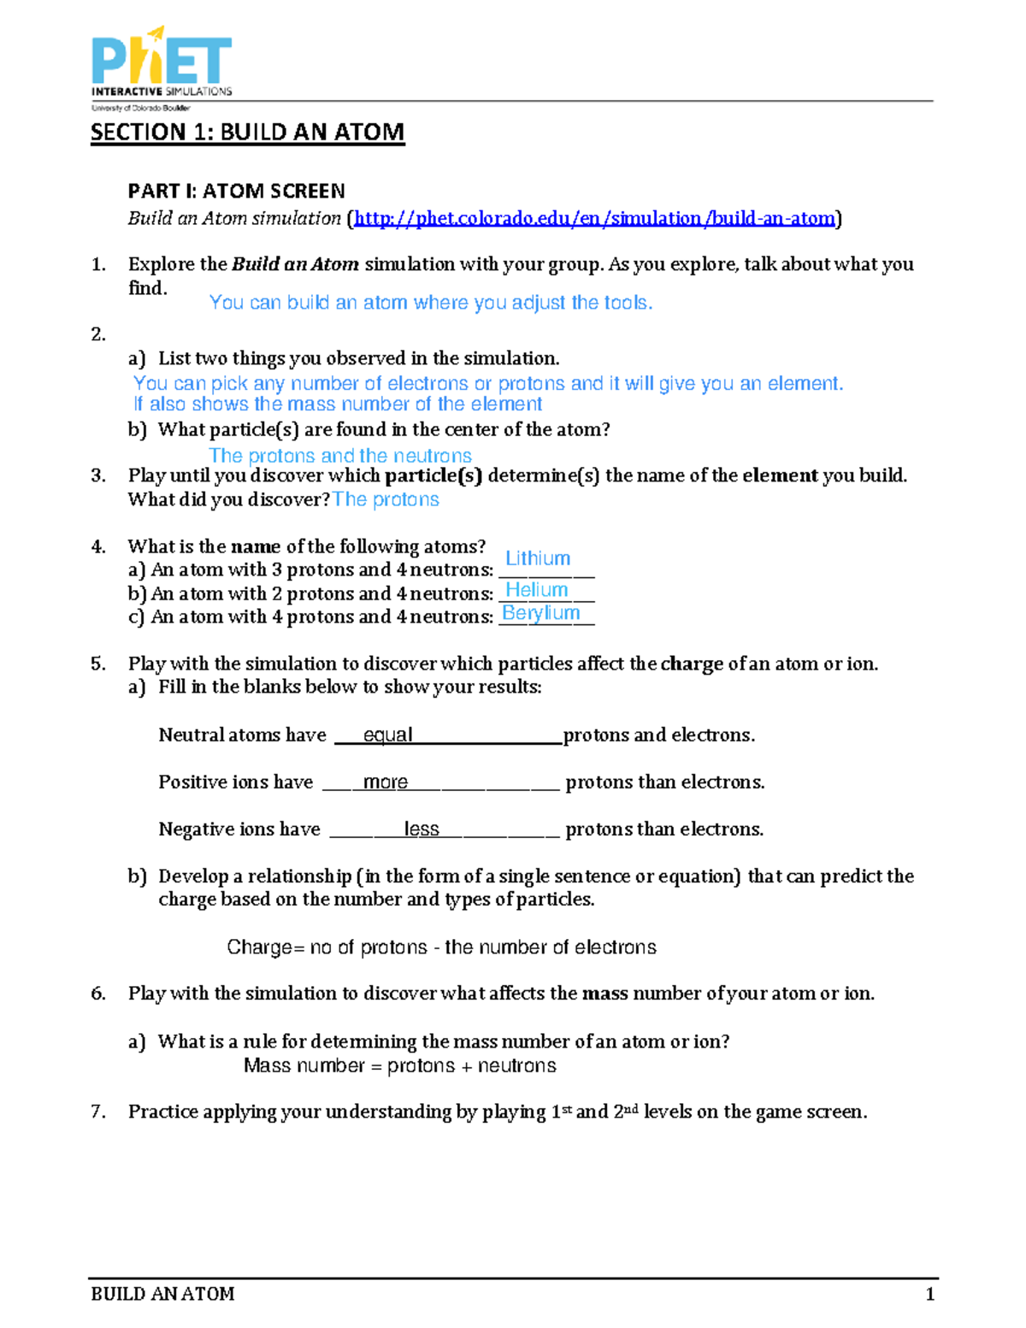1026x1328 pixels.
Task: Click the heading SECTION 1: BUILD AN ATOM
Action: [x=247, y=133]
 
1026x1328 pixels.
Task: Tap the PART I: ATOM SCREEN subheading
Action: [x=236, y=191]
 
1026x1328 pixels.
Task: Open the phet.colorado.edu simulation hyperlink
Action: [x=594, y=219]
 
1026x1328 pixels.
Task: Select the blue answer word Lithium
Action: [x=538, y=558]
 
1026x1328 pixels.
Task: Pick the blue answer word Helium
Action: [x=537, y=590]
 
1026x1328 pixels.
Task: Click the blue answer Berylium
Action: [x=541, y=613]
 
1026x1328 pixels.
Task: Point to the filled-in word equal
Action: [x=387, y=735]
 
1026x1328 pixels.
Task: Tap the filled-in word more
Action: [x=385, y=782]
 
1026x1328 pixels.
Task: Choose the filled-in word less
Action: [x=422, y=829]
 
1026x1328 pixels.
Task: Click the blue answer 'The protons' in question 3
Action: [x=386, y=499]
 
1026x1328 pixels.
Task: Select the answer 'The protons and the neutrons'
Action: [x=340, y=456]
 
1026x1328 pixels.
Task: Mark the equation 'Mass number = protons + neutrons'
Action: [x=399, y=1065]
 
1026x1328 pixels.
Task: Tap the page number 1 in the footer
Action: [x=930, y=1294]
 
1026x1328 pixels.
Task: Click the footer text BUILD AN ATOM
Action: [x=162, y=1294]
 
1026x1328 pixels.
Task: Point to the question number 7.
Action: [x=97, y=1112]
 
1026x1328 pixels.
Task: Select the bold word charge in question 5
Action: [x=692, y=664]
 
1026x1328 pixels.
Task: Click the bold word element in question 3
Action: [x=780, y=475]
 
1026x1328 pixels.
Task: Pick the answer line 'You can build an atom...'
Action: [x=431, y=303]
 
